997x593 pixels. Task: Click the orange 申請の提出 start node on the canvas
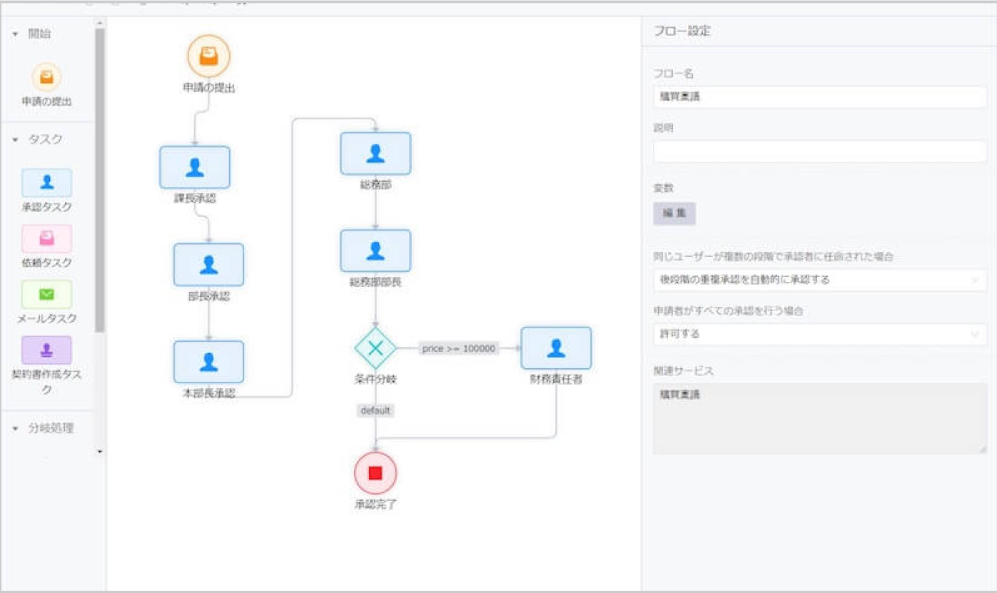[x=208, y=56]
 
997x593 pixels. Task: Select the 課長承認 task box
[x=194, y=168]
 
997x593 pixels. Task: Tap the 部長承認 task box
[x=208, y=265]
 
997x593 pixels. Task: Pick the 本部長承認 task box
[x=208, y=362]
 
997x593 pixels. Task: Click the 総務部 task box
[x=375, y=153]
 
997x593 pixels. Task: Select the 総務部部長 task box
[x=375, y=250]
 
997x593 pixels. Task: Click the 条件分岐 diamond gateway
[x=375, y=348]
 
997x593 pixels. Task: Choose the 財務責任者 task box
[x=556, y=348]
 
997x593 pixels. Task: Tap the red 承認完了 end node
[x=375, y=473]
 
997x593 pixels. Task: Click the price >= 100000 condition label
[x=458, y=348]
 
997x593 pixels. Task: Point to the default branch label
[x=375, y=410]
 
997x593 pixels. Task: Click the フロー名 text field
[x=819, y=97]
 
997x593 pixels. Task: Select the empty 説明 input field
[x=819, y=151]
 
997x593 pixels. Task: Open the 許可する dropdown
[x=819, y=334]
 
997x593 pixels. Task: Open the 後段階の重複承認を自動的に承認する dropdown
[x=819, y=280]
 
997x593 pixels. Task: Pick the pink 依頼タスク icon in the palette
[x=46, y=239]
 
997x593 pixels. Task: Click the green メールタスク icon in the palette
[x=46, y=294]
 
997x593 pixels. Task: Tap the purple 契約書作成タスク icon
[x=46, y=350]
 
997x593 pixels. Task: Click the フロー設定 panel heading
[x=682, y=31]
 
